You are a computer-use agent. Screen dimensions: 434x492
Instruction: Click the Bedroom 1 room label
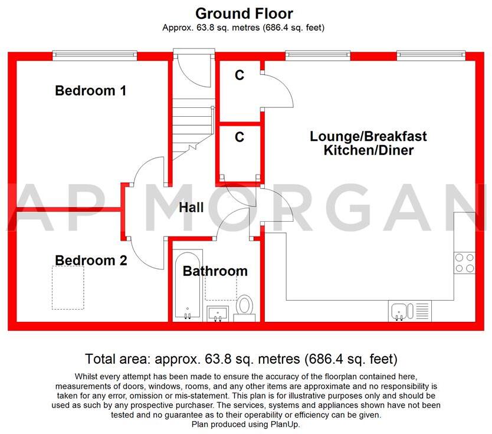[x=90, y=91]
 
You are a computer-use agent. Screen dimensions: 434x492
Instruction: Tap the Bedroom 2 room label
[x=91, y=260]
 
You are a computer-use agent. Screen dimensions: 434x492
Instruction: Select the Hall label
[x=191, y=207]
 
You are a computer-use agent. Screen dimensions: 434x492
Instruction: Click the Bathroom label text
[x=215, y=271]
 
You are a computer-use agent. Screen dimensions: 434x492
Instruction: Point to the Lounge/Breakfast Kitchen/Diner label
[x=369, y=143]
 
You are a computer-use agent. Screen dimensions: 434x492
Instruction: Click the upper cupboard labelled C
[x=239, y=75]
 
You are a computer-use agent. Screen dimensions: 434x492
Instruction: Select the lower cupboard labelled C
[x=239, y=137]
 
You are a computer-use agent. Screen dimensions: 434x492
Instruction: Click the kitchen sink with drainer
[x=409, y=310]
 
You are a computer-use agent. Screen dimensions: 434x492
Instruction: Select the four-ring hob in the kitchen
[x=464, y=262]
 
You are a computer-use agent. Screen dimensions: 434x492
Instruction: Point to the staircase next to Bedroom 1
[x=192, y=124]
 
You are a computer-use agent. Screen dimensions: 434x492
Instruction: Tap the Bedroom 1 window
[x=94, y=56]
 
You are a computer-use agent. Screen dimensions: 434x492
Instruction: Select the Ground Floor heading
[x=244, y=13]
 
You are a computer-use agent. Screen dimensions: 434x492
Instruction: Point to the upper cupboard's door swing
[x=277, y=91]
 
